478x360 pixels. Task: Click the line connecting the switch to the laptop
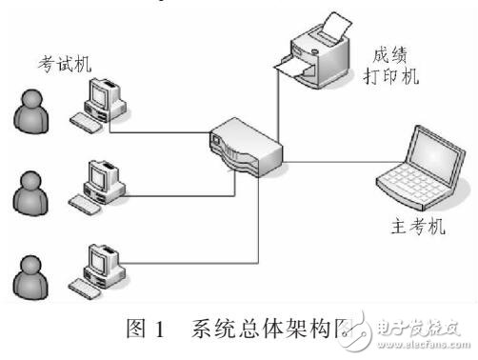click(x=329, y=163)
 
